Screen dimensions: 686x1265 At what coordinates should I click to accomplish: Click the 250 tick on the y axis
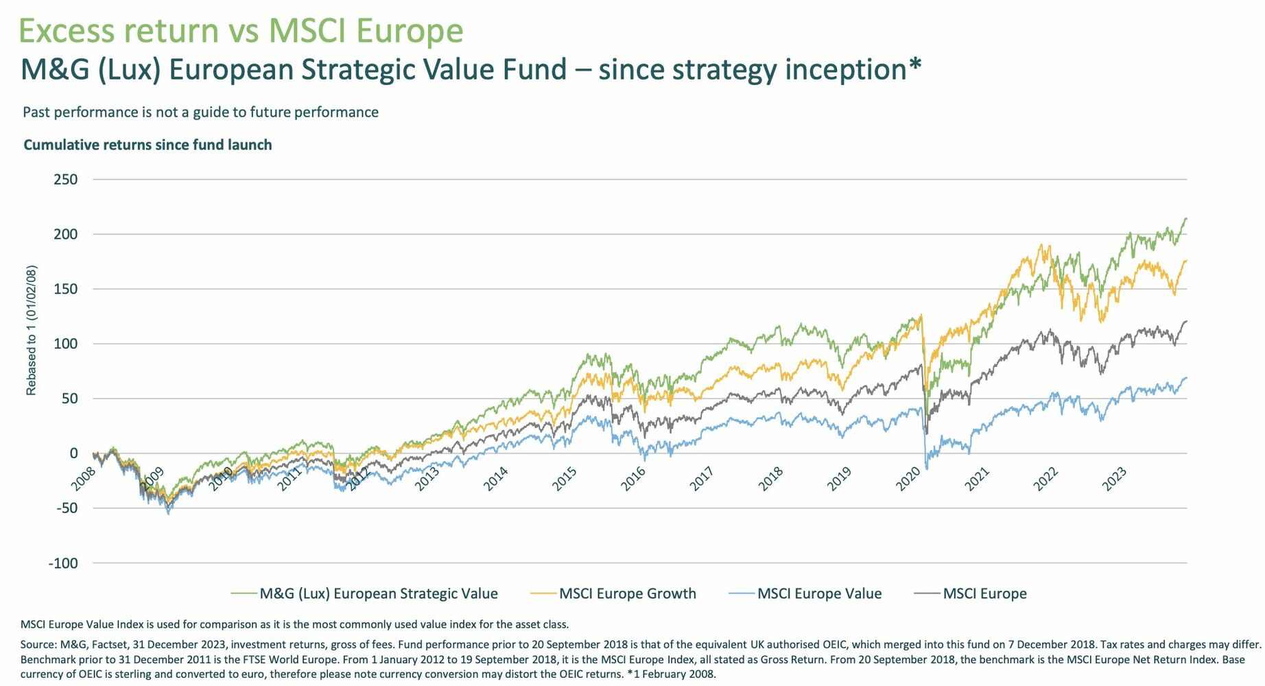(x=65, y=180)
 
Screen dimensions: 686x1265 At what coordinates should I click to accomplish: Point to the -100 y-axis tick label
(x=63, y=563)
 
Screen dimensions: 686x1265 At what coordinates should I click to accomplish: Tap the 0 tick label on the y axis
(x=73, y=453)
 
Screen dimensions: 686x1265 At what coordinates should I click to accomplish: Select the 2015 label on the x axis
(x=565, y=479)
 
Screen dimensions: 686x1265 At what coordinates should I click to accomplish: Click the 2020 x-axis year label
(x=908, y=479)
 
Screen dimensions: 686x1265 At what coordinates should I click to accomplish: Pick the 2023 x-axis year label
(x=1114, y=479)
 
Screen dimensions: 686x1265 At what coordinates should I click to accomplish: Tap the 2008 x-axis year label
(x=84, y=479)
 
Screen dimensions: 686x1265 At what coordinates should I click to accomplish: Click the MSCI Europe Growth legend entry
(x=627, y=593)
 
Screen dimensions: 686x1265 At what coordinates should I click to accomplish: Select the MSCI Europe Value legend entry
(x=819, y=593)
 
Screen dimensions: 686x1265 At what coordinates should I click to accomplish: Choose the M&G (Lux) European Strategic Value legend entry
(x=378, y=593)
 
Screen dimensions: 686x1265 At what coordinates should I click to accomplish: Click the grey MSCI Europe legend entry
(x=984, y=593)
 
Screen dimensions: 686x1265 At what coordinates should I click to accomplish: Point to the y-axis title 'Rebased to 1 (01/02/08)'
(x=31, y=330)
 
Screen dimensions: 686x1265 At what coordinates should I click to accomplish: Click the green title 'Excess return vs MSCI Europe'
(x=241, y=31)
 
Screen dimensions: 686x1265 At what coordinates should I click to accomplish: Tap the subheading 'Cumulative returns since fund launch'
(x=147, y=145)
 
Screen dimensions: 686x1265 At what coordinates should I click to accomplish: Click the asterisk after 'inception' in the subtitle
(x=914, y=66)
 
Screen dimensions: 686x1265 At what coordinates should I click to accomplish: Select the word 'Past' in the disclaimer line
(x=36, y=112)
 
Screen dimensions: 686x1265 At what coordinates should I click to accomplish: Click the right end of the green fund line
(x=1186, y=219)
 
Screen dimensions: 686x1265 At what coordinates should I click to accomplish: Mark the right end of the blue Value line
(x=1186, y=378)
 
